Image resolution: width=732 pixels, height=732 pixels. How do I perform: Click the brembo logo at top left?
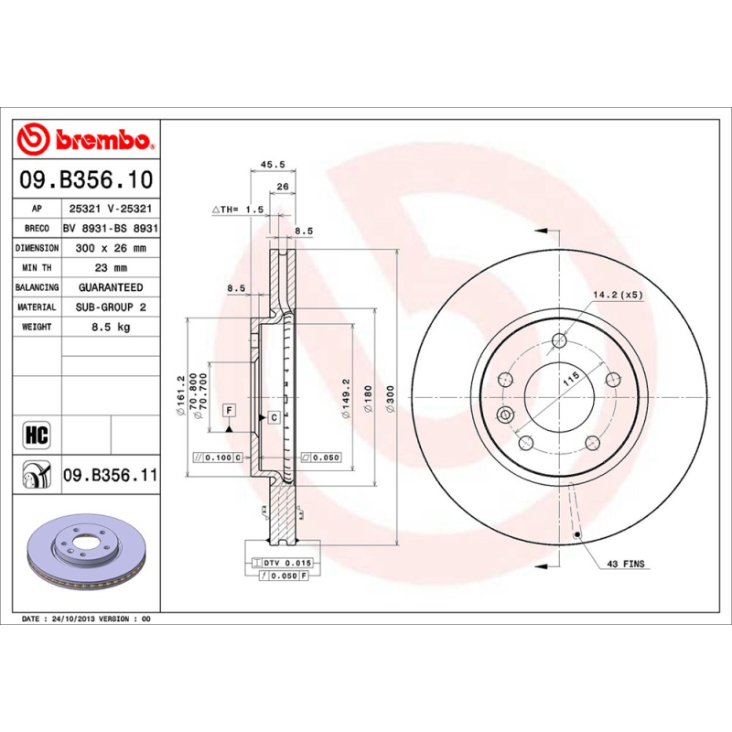[x=87, y=140]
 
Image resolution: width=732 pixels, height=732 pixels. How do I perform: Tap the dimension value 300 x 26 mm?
[x=110, y=248]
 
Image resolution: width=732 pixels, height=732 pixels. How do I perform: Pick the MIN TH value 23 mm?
[x=110, y=268]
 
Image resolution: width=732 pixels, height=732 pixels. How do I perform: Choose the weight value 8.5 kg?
[x=110, y=327]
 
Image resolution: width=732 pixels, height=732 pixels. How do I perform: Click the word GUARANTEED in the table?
[x=110, y=287]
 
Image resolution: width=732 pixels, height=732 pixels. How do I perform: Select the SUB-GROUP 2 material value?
[x=110, y=307]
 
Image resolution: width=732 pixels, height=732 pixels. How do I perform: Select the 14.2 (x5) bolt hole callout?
[x=619, y=295]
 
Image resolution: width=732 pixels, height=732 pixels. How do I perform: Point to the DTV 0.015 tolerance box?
[x=287, y=562]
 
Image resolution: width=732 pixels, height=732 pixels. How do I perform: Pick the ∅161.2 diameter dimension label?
[x=181, y=395]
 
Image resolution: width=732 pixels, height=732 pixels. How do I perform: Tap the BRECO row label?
[x=38, y=229]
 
